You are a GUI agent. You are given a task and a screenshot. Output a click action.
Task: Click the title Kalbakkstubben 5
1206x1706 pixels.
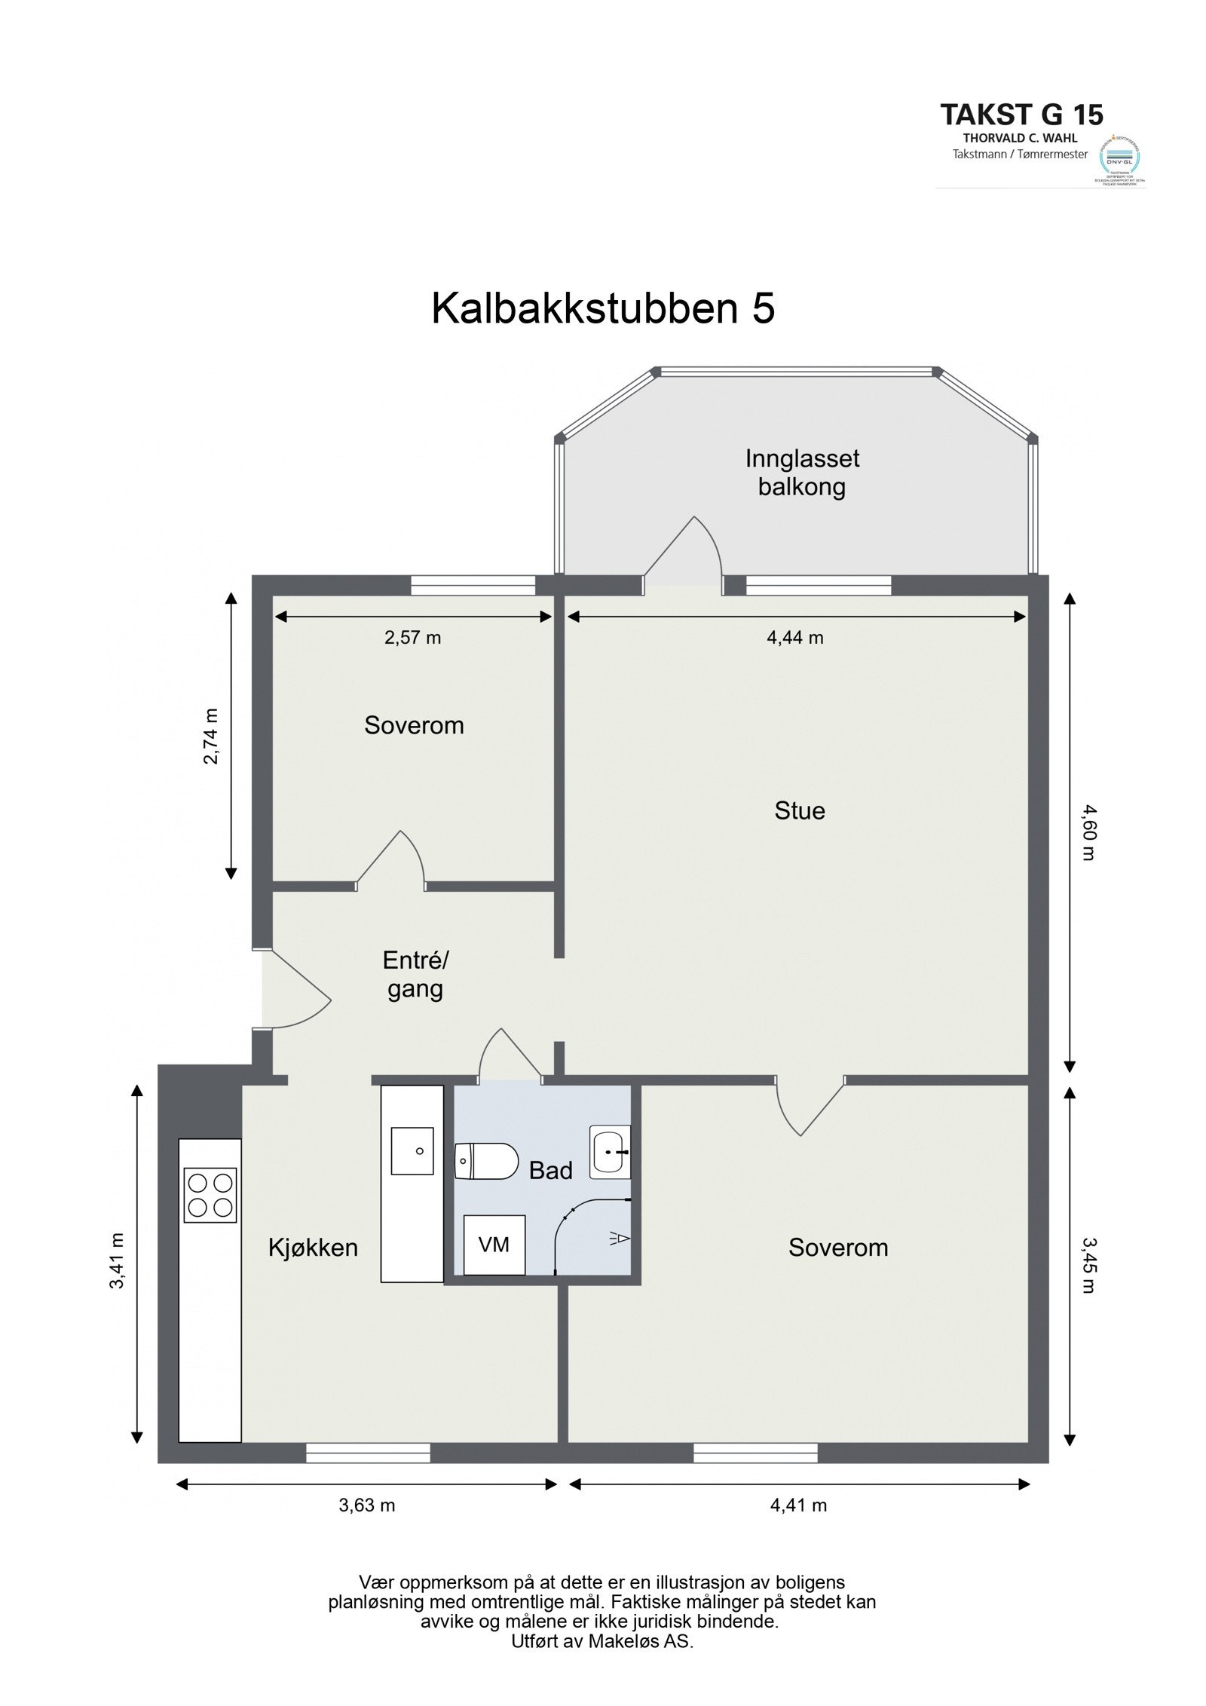(x=602, y=308)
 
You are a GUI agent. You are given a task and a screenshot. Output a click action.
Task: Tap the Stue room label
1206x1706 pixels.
(x=799, y=811)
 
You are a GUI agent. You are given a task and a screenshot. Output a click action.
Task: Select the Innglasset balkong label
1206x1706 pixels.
(x=801, y=473)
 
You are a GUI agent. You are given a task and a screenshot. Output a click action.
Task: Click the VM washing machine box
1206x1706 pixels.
(x=494, y=1245)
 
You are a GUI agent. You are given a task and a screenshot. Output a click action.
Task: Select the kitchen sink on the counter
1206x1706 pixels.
(x=412, y=1151)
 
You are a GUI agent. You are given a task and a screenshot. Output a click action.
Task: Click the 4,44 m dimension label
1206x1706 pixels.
(x=795, y=638)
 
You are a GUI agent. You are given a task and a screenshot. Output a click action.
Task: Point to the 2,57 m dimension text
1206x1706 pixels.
(x=412, y=638)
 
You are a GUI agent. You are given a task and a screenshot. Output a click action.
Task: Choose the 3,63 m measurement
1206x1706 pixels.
(x=366, y=1505)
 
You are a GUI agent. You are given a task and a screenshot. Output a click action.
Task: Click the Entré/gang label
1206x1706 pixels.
(x=415, y=974)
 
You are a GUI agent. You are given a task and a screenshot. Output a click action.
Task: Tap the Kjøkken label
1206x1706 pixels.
(x=313, y=1248)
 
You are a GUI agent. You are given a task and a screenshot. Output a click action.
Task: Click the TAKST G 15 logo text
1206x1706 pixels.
(x=1021, y=115)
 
